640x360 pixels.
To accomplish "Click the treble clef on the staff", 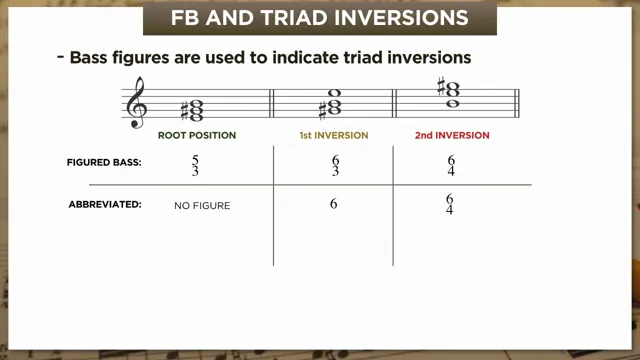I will point(137,103).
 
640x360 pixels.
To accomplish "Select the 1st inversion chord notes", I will point(333,104).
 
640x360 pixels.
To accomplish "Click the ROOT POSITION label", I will point(197,135).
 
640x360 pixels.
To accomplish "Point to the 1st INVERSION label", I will point(333,135).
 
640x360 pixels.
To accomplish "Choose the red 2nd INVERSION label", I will point(452,135).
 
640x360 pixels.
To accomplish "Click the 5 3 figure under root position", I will point(195,165).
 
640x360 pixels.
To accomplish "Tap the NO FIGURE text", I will point(202,205).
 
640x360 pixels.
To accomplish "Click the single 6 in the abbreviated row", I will point(333,204).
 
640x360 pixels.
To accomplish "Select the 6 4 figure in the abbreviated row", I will point(450,205).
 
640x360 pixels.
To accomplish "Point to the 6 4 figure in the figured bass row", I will point(451,165).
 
